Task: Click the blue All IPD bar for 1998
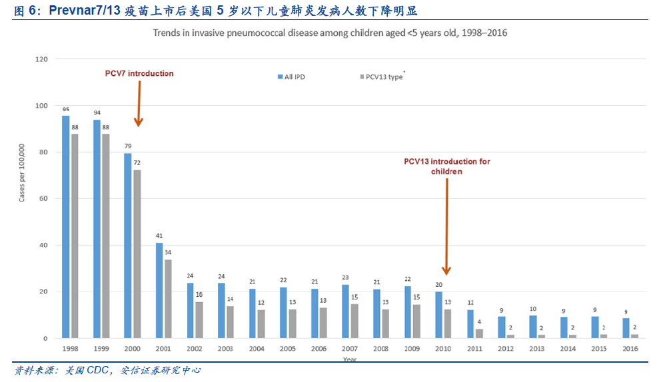point(66,227)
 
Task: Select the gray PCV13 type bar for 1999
point(105,236)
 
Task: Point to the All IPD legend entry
point(291,77)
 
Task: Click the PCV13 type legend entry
point(382,77)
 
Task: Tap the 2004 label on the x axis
point(257,348)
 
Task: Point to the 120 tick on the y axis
point(42,59)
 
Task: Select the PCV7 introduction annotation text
point(139,73)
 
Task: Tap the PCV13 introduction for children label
point(446,166)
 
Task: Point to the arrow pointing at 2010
point(446,226)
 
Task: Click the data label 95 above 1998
point(66,110)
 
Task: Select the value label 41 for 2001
point(159,236)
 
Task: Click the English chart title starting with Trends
point(330,33)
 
